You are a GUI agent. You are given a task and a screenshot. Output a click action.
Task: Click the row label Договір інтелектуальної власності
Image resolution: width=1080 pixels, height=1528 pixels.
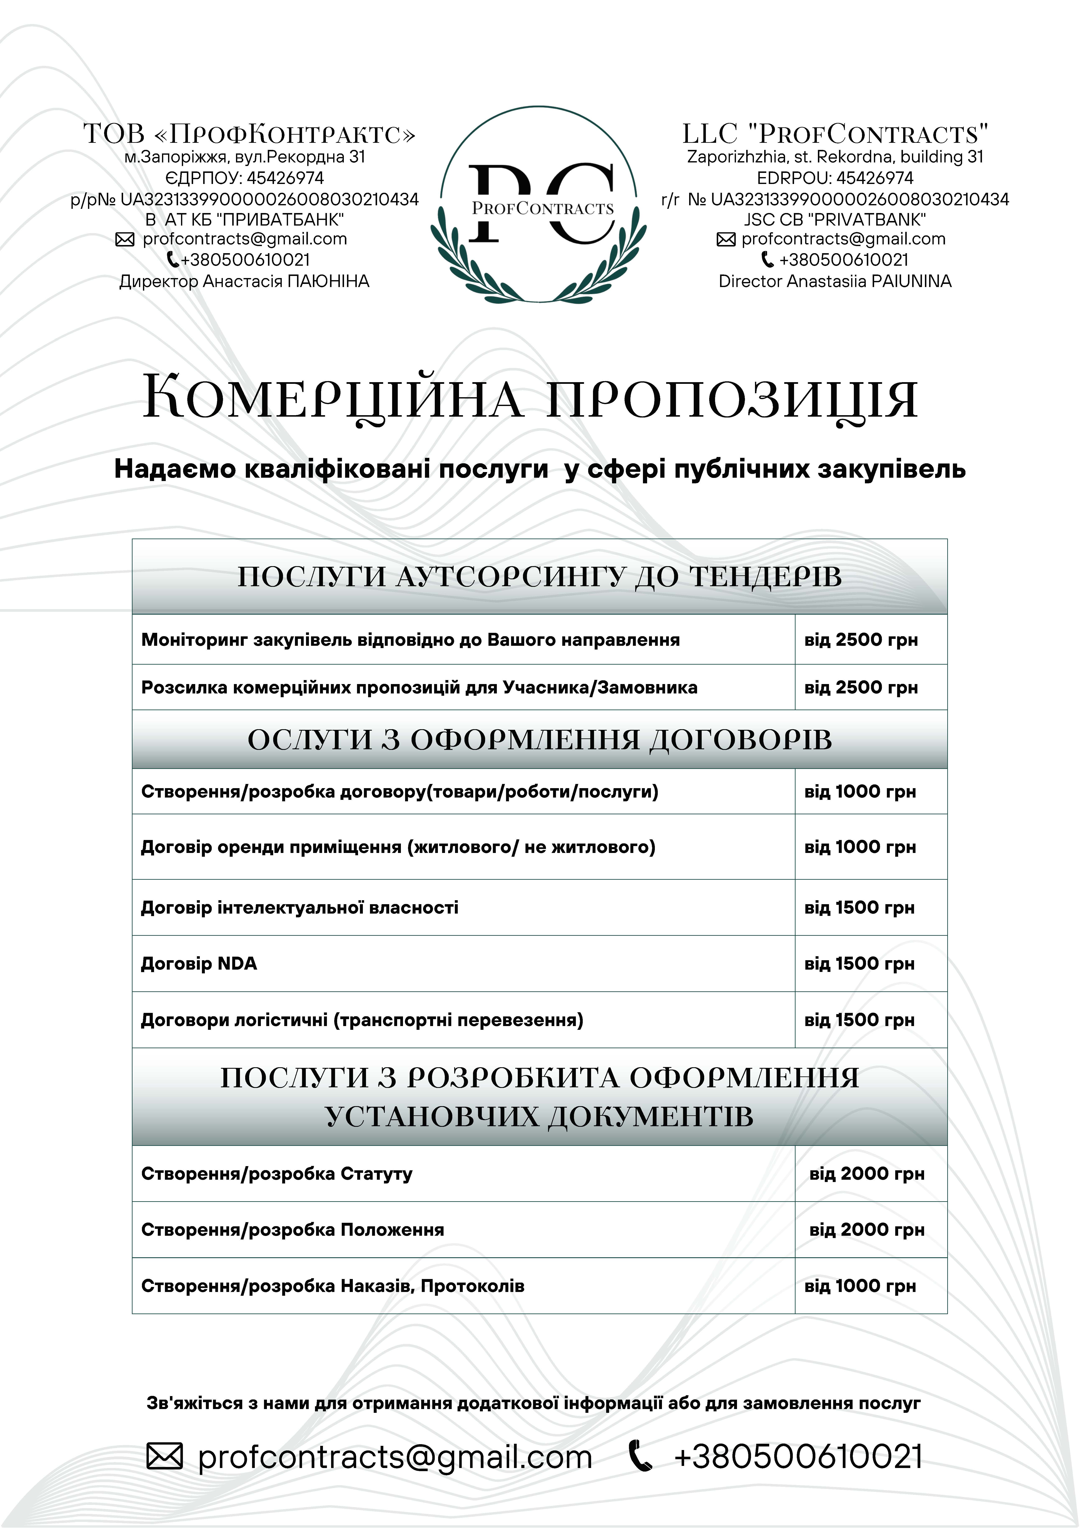click(300, 908)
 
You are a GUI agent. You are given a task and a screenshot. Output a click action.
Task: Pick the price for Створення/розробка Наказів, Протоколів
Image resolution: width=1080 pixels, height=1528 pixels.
click(860, 1286)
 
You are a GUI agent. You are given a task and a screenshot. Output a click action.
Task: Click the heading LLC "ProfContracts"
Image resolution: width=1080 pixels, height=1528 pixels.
click(835, 134)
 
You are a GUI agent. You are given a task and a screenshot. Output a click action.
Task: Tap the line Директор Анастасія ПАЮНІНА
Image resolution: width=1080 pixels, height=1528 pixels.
click(244, 282)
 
